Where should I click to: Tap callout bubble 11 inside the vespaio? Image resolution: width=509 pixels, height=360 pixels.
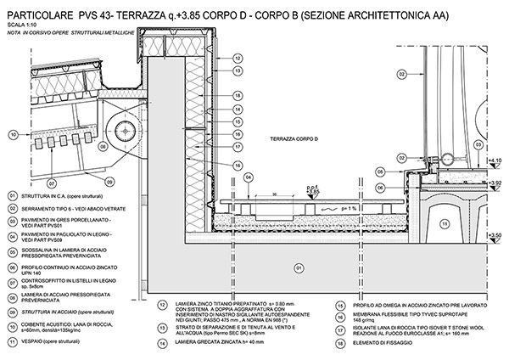[x=447, y=224]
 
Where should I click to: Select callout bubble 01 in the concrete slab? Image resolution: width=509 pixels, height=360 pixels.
[x=298, y=267]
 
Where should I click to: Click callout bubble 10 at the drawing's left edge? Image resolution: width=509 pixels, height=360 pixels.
[x=14, y=134]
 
